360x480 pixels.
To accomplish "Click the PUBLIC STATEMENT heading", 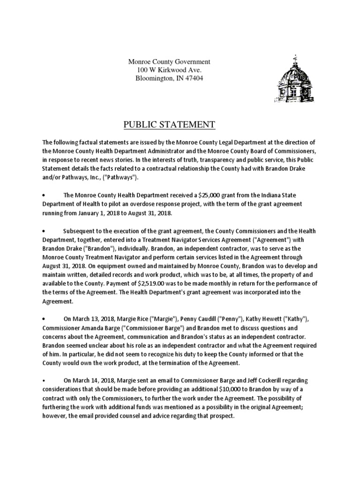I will (x=169, y=125).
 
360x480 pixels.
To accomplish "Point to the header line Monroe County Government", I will (x=169, y=61).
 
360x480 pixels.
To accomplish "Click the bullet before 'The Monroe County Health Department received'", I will (x=43, y=195).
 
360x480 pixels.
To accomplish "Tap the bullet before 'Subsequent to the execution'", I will (x=43, y=231).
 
